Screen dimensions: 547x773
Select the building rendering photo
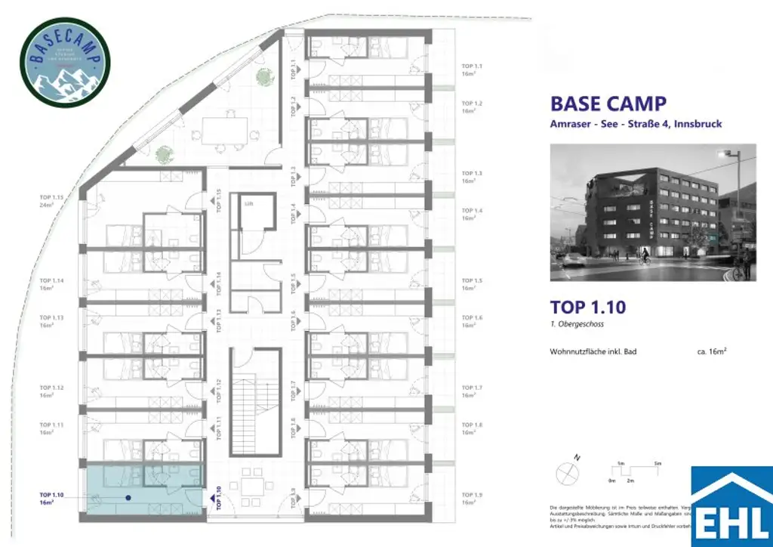[653, 212]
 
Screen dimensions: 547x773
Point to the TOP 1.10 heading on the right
[588, 307]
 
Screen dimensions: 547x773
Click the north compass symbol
[566, 473]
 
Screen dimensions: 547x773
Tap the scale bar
[633, 472]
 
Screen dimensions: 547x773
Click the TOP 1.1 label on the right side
[472, 70]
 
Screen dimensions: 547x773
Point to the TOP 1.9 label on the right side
[472, 499]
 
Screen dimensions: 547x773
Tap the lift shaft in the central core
[248, 217]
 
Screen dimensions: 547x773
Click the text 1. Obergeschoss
[577, 324]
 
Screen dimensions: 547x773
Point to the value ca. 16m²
[713, 351]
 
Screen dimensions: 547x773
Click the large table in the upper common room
[225, 131]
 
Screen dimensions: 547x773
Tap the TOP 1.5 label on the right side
[472, 284]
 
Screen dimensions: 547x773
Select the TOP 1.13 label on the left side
[51, 321]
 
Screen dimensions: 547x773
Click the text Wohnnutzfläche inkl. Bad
[593, 351]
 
